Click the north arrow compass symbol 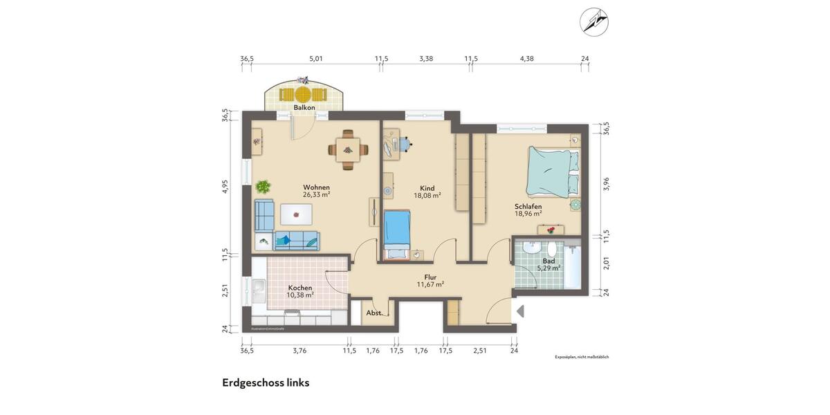click(x=593, y=21)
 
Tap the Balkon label click(x=304, y=108)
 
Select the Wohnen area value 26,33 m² click(x=316, y=195)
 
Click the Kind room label click(x=427, y=187)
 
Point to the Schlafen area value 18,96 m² click(x=528, y=214)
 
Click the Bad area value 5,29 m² click(x=548, y=268)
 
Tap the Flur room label click(x=430, y=277)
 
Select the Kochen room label click(x=300, y=287)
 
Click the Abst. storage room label click(x=373, y=313)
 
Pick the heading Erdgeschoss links click(x=266, y=382)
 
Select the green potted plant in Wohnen click(x=263, y=186)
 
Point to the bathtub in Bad click(x=572, y=266)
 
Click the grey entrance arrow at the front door click(x=521, y=311)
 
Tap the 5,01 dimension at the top click(x=316, y=59)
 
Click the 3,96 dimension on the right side click(x=607, y=183)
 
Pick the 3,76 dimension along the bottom click(x=299, y=351)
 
